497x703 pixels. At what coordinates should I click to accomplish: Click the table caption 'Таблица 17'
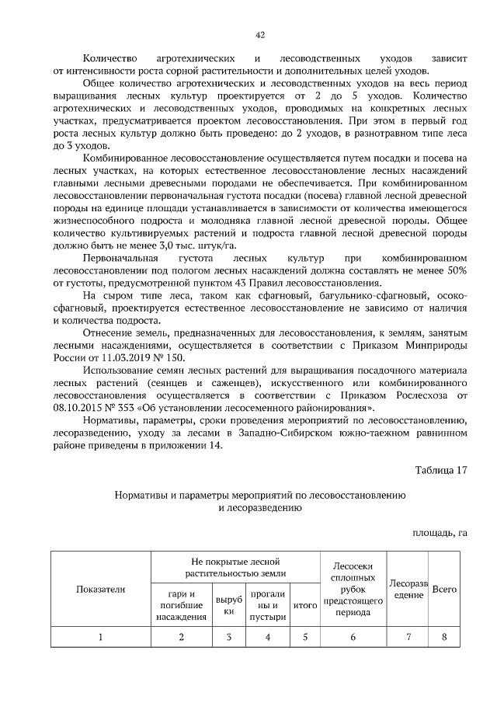[440, 470]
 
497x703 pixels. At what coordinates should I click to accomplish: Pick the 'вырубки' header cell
[228, 606]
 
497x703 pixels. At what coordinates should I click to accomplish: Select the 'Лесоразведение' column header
[408, 589]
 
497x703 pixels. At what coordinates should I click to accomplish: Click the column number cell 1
[100, 638]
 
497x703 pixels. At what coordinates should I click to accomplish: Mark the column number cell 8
[443, 638]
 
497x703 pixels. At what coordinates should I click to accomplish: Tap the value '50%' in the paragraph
[454, 270]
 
